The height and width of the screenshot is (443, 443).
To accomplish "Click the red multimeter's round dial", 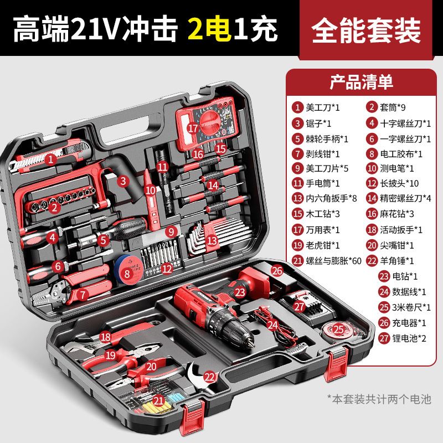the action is click(x=210, y=123).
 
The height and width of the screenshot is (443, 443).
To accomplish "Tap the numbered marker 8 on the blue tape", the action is click(x=127, y=273).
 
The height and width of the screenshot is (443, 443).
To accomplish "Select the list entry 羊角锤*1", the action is click(x=396, y=260).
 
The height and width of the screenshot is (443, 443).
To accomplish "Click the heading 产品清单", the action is click(x=362, y=82).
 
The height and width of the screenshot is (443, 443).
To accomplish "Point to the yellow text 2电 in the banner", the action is click(x=210, y=29).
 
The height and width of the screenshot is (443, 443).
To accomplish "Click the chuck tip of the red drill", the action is click(x=250, y=343).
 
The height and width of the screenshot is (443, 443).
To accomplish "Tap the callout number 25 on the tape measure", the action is click(x=338, y=329).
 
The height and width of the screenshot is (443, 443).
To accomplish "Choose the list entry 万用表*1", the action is click(x=323, y=230).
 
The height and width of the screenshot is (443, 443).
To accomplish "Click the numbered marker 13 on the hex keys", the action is click(x=212, y=241).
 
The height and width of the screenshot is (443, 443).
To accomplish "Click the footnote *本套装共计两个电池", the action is click(x=379, y=399).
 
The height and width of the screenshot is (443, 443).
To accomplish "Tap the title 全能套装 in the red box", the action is click(x=366, y=30).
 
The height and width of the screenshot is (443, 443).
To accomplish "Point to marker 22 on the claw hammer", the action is click(x=210, y=377).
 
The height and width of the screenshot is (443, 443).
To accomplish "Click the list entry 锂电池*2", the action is click(x=409, y=338).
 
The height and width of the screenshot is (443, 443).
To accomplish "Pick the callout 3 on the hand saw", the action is click(x=123, y=181).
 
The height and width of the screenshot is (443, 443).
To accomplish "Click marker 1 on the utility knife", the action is click(x=51, y=159).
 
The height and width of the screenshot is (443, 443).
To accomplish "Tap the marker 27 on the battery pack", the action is click(x=300, y=306).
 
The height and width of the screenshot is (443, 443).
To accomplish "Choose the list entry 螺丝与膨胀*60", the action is click(x=334, y=260).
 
